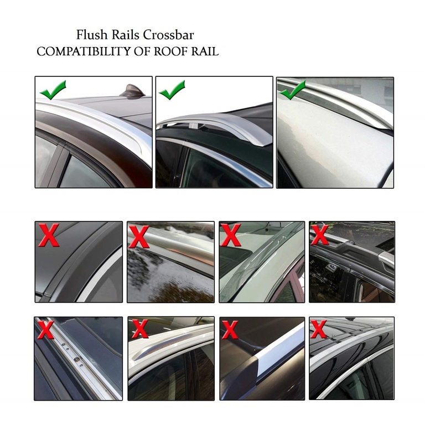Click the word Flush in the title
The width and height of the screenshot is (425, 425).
(91, 35)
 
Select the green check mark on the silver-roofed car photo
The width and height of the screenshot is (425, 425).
(293, 90)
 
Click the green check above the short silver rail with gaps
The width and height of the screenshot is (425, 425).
(172, 89)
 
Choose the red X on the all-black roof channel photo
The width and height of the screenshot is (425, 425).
(49, 235)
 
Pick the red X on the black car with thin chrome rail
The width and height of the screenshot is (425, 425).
(319, 329)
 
